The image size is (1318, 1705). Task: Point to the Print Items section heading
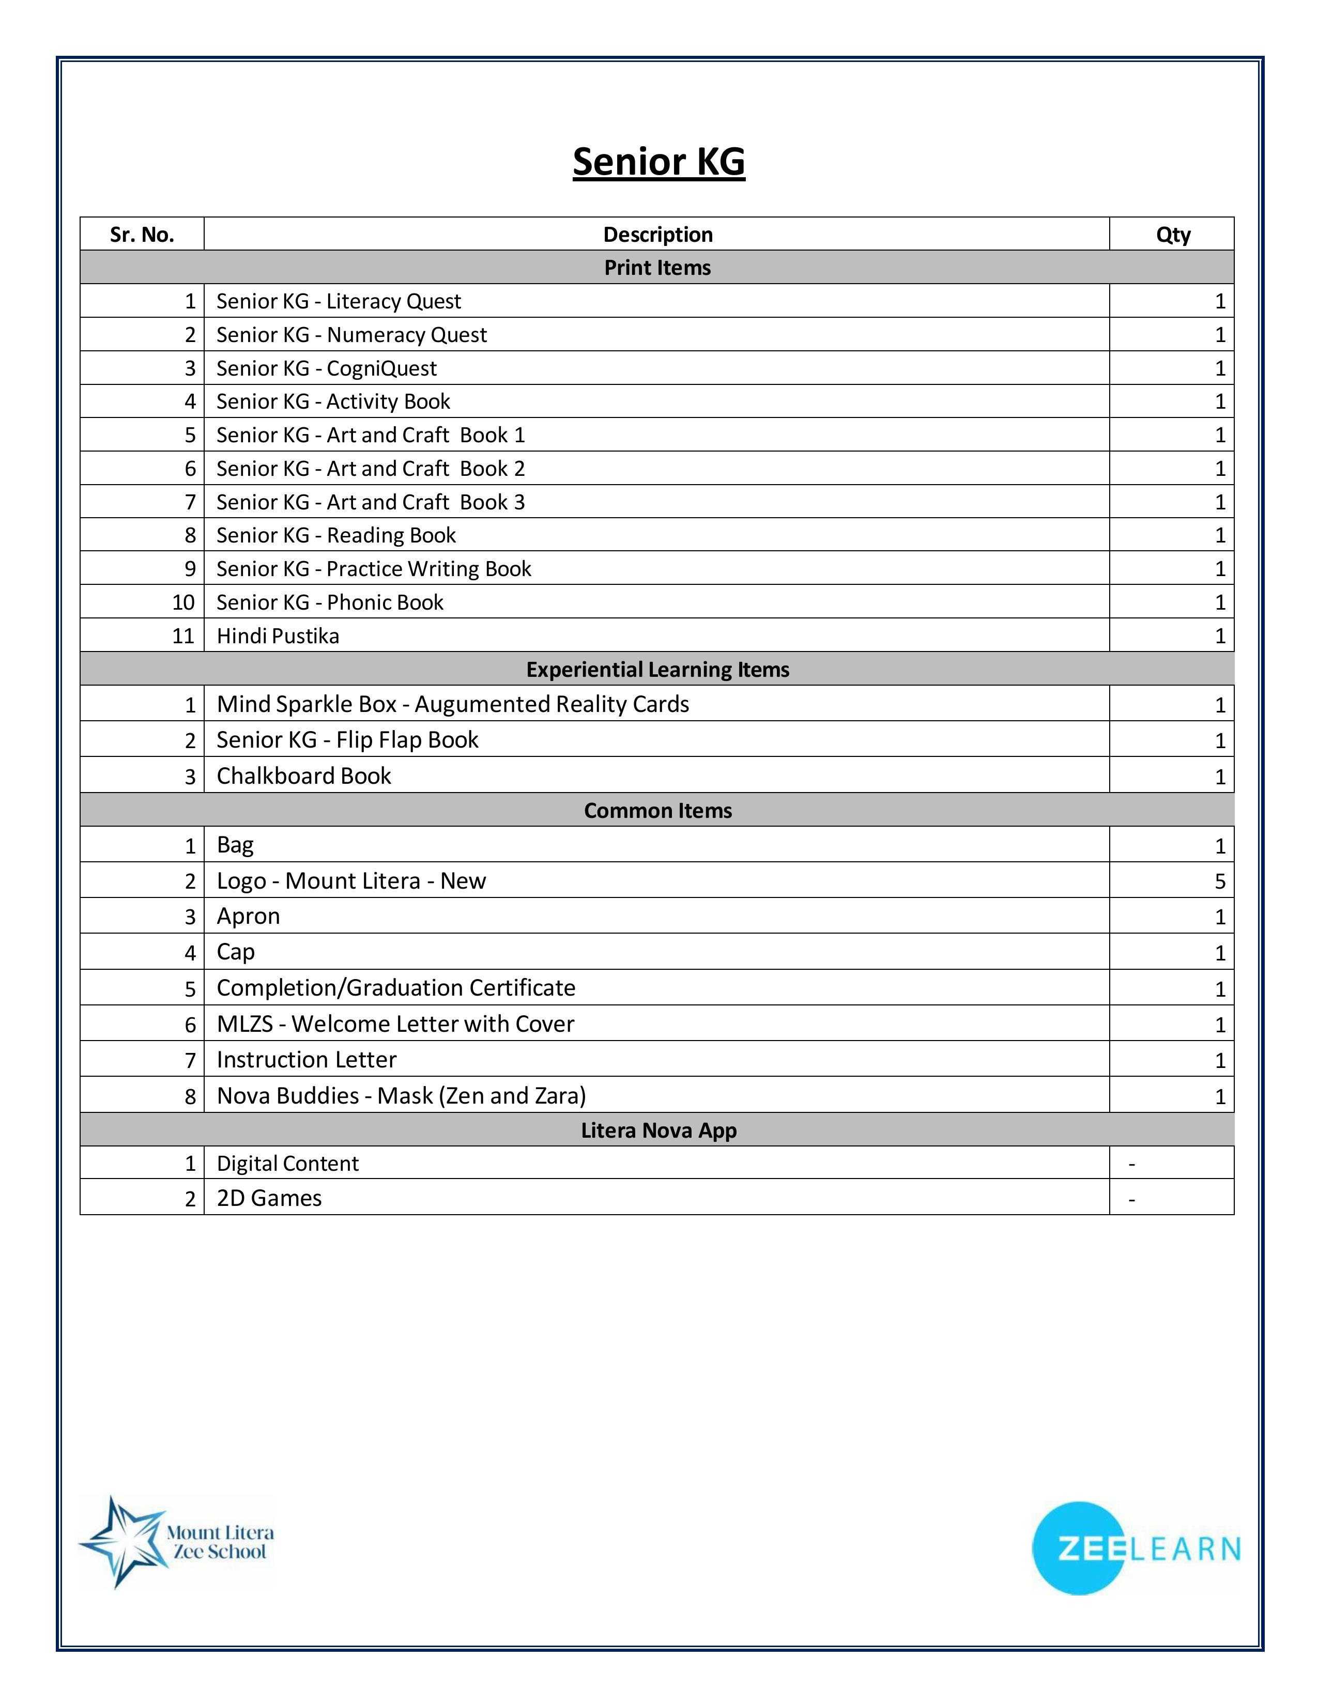tap(657, 268)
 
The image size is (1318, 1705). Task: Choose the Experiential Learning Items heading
tap(657, 670)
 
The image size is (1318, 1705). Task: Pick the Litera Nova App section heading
tap(658, 1130)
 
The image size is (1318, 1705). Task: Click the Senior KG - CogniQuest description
tap(326, 368)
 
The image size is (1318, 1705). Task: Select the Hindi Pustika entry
tap(278, 636)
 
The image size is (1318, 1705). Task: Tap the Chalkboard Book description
tap(304, 776)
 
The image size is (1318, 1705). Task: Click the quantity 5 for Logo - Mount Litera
tap(1220, 881)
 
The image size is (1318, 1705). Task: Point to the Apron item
tap(248, 917)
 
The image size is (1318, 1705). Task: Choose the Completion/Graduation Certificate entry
tap(396, 988)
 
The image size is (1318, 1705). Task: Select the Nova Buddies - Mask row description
tap(401, 1096)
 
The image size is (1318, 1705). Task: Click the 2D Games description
tap(269, 1198)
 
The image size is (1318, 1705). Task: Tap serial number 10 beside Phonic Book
tap(183, 602)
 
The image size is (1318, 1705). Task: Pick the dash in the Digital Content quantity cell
tap(1131, 1165)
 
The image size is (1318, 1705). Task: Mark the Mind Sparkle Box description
tap(453, 704)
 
